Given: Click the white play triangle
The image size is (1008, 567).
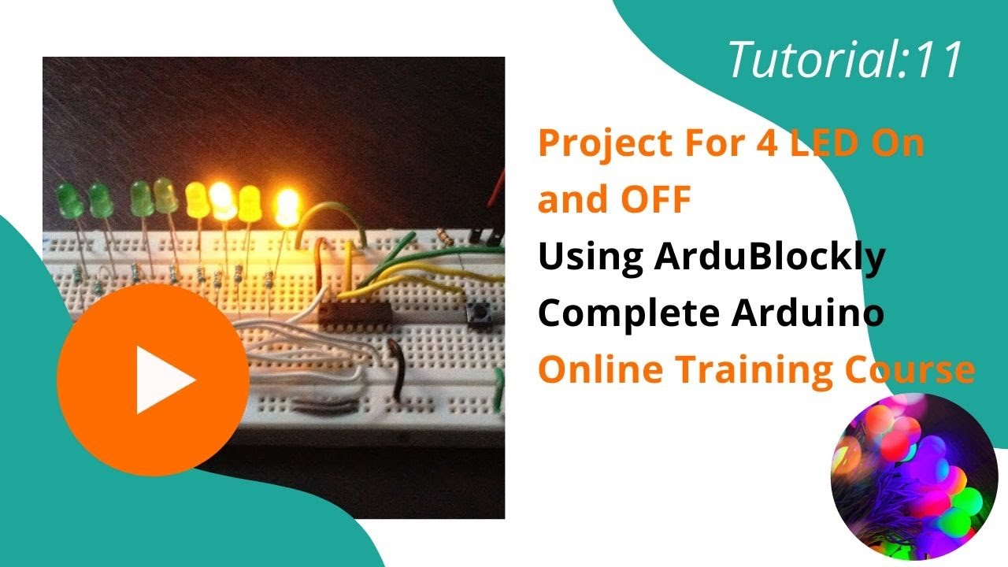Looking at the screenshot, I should [161, 380].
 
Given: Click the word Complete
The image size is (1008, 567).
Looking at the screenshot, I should [628, 316].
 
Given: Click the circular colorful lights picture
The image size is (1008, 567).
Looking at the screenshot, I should [914, 476].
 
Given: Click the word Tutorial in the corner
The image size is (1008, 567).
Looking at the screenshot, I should [810, 61].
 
